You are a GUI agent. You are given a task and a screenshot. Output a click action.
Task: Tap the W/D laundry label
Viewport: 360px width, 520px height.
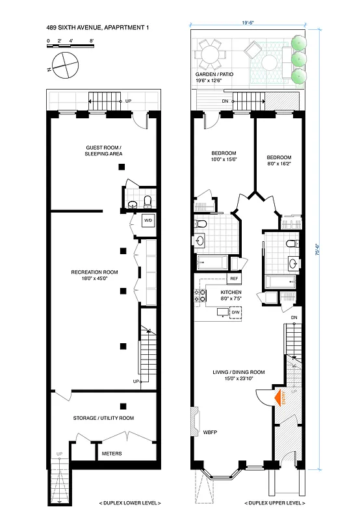pyautogui.click(x=148, y=220)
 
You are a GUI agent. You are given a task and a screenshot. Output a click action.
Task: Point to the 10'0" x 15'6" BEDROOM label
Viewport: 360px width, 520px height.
pyautogui.click(x=223, y=157)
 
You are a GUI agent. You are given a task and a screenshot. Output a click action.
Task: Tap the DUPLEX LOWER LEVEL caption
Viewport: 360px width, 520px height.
pyautogui.click(x=130, y=504)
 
